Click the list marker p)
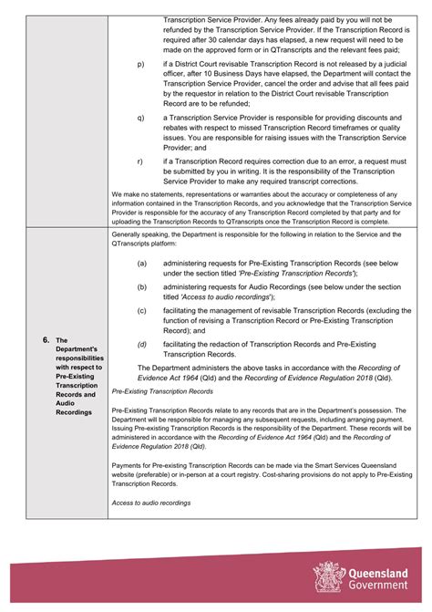(x=140, y=65)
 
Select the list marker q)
(x=140, y=117)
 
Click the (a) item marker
(x=141, y=263)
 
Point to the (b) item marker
(x=141, y=286)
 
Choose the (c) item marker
(x=141, y=310)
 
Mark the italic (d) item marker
(x=141, y=344)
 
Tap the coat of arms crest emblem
(x=327, y=576)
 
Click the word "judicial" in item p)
(x=393, y=64)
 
